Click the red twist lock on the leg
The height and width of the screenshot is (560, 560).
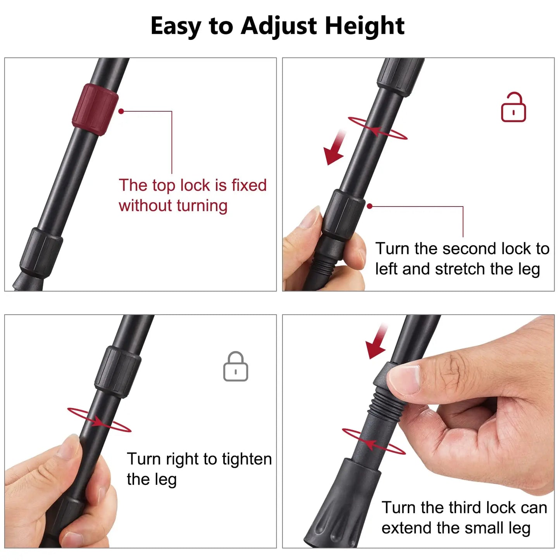[x=95, y=109]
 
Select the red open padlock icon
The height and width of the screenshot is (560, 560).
[x=513, y=108]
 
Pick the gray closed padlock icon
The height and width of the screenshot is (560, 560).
[x=236, y=367]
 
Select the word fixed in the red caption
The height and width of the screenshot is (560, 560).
[x=249, y=185]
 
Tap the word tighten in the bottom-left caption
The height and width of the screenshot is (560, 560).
[x=246, y=459]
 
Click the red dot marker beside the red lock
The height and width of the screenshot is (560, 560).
[x=121, y=111]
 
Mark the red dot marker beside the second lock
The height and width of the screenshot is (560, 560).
[x=370, y=206]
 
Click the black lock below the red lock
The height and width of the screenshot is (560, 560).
[x=41, y=253]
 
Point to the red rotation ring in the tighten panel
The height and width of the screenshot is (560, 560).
[x=99, y=420]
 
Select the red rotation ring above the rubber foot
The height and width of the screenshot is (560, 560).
[x=374, y=441]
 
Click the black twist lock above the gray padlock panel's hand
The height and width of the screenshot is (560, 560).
[x=118, y=372]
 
